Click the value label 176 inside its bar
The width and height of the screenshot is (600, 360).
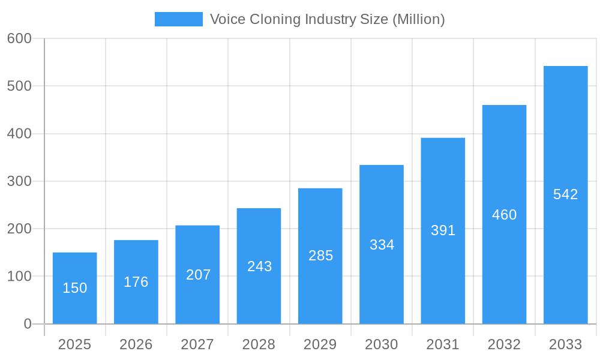[x=136, y=282]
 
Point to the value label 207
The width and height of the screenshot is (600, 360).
[x=199, y=275]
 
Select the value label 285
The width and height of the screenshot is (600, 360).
[x=321, y=256]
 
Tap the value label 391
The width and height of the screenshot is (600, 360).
[x=443, y=230]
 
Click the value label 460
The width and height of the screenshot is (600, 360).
[x=504, y=215]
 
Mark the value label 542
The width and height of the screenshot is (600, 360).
[x=565, y=194]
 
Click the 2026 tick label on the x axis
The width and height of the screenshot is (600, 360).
[x=136, y=344]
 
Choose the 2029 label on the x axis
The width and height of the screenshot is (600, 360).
[x=320, y=344]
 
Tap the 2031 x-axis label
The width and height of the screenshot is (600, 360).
[x=443, y=344]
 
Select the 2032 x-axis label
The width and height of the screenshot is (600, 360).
[x=504, y=344]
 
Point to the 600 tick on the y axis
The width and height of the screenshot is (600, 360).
[x=19, y=38]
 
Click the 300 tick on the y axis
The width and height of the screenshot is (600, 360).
[x=19, y=181]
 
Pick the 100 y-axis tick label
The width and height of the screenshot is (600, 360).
[x=19, y=277]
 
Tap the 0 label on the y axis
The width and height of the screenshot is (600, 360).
[x=28, y=324]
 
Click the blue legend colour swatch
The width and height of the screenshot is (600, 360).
[x=179, y=19]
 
